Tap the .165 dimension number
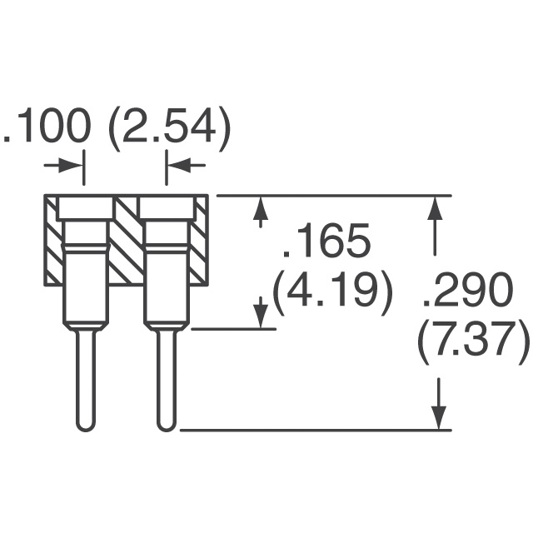point(326,241)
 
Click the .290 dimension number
point(467,289)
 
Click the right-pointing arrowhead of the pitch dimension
point(71,166)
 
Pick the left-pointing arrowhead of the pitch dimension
point(179,166)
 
